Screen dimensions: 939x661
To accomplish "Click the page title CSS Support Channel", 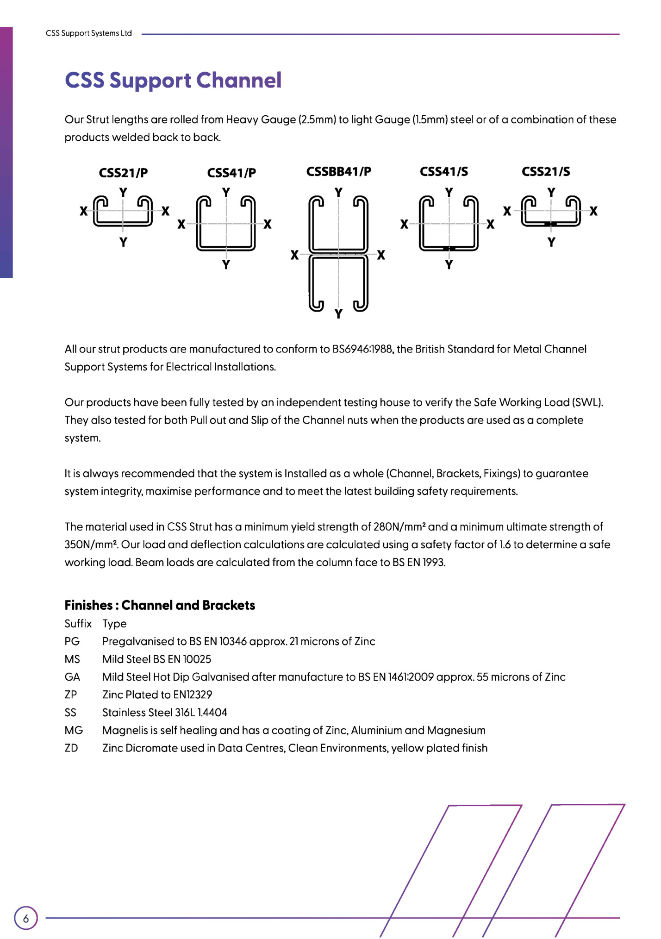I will pyautogui.click(x=173, y=80).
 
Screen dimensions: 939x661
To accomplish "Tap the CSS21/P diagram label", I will pyautogui.click(x=123, y=173).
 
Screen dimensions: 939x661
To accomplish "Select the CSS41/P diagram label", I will pyautogui.click(x=231, y=173).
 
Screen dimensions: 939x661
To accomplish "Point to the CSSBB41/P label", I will pyautogui.click(x=338, y=171).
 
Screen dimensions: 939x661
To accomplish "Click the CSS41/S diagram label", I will pyautogui.click(x=443, y=171).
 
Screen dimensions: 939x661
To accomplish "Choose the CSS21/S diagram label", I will pyautogui.click(x=546, y=171).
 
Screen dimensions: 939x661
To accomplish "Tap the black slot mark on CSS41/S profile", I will pyautogui.click(x=449, y=249).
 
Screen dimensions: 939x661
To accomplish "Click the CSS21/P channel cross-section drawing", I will pyautogui.click(x=123, y=211).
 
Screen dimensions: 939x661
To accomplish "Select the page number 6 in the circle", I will pyautogui.click(x=26, y=918).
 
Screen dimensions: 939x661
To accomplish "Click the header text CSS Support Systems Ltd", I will pyautogui.click(x=89, y=33).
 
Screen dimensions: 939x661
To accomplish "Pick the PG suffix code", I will pyautogui.click(x=72, y=641).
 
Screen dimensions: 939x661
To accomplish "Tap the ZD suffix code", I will pyautogui.click(x=71, y=748).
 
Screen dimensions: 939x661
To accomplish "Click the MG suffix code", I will pyautogui.click(x=74, y=730).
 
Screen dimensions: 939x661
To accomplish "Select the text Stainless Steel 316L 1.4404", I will pyautogui.click(x=165, y=712).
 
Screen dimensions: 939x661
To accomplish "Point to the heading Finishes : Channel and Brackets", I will pyautogui.click(x=160, y=605).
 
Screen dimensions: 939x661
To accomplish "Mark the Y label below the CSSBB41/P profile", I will pyautogui.click(x=338, y=314).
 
